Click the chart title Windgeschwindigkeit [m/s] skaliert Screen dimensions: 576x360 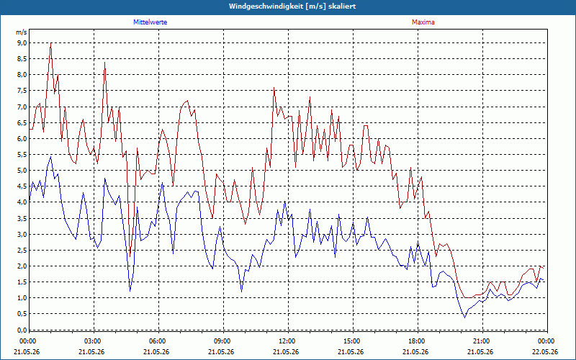tap(292, 6)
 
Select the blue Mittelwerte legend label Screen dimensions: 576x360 tap(150, 22)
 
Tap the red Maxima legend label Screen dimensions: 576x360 tap(423, 22)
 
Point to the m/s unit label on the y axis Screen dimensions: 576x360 tap(22, 32)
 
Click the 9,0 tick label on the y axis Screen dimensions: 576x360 tap(22, 43)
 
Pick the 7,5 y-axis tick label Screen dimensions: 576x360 tap(22, 91)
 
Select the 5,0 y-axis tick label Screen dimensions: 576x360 tap(22, 171)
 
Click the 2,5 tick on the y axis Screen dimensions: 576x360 tap(22, 250)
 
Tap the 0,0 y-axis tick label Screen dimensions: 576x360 tap(22, 330)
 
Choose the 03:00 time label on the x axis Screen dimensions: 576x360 tap(94, 341)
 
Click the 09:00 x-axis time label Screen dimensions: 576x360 tap(224, 341)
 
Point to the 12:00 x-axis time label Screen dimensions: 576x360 tap(289, 341)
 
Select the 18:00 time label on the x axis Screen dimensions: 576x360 tap(418, 341)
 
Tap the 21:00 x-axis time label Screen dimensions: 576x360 tap(482, 341)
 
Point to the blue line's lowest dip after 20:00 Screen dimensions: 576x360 tap(464, 318)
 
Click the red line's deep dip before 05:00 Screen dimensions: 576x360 tap(130, 256)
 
